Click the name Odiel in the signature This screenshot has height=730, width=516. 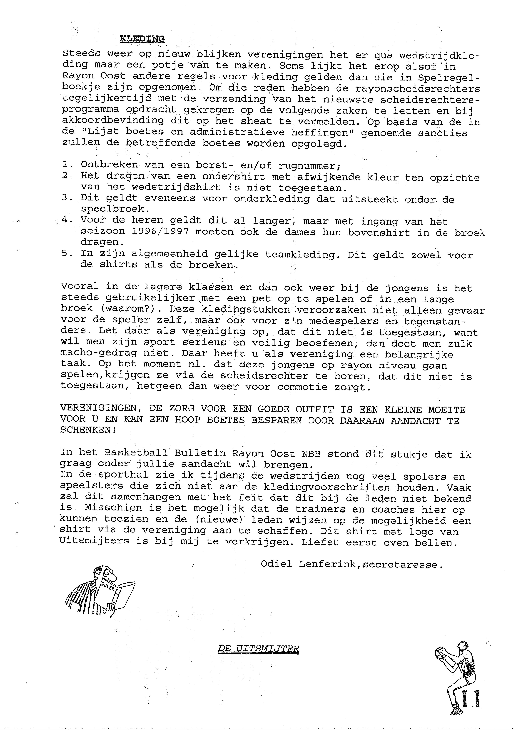[x=276, y=564]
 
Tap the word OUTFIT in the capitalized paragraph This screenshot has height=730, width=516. [x=315, y=409]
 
